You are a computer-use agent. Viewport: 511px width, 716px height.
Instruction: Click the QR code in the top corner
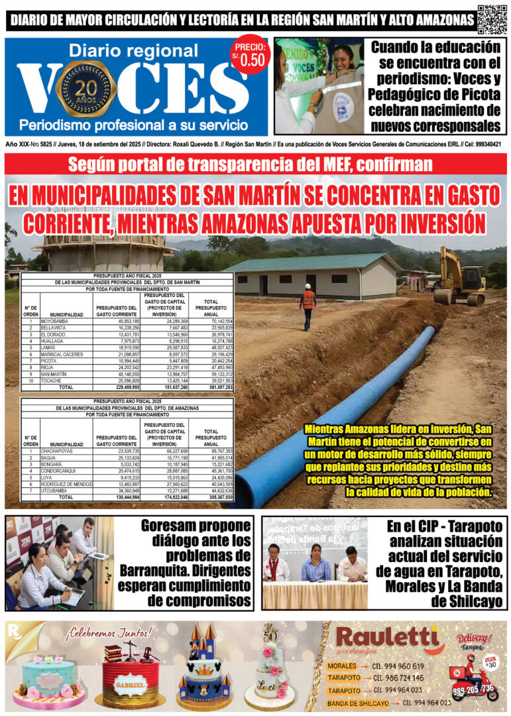tap(492, 19)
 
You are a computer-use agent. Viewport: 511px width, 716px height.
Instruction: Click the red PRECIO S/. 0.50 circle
tap(250, 55)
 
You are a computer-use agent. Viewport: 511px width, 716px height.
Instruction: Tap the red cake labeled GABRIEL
tap(130, 678)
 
